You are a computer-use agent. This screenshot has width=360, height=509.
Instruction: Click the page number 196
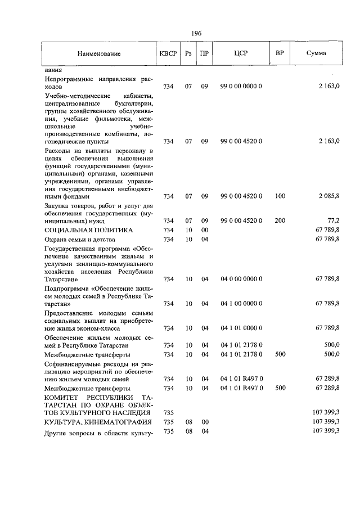196,34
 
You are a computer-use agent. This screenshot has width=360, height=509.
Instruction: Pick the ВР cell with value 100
280,196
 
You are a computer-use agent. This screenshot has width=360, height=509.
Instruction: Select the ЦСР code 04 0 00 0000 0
241,279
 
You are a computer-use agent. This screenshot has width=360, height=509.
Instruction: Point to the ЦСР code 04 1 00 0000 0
241,304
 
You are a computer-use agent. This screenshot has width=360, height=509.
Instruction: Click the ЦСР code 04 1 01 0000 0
241,328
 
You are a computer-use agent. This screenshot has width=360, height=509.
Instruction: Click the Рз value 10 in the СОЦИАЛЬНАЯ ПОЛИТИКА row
189,230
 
